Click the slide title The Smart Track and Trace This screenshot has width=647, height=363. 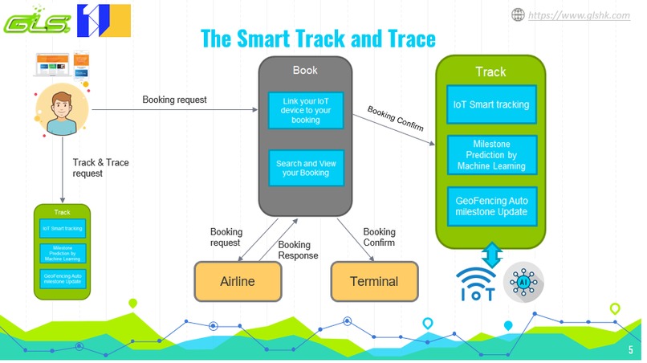[318, 38]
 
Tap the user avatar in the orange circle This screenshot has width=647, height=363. [61, 111]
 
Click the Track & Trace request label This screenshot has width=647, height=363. [100, 167]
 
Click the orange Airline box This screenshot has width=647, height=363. [238, 281]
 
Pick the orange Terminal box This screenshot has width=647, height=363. [375, 281]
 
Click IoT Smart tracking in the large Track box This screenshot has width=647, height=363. [490, 104]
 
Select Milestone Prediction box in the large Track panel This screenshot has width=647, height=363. [490, 153]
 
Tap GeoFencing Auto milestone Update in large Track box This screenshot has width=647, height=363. [490, 206]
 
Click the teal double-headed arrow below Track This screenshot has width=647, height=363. [492, 255]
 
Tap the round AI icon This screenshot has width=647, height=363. [523, 283]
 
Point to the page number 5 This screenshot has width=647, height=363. [630, 351]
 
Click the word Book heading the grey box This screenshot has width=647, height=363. [305, 70]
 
